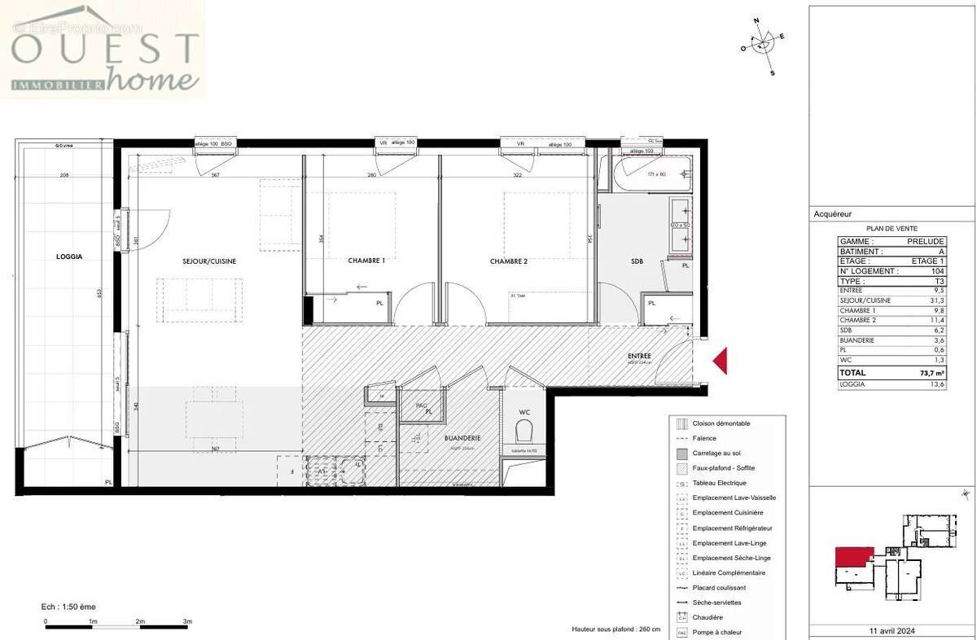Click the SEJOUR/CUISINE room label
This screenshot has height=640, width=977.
(209, 261)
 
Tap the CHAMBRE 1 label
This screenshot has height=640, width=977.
(366, 261)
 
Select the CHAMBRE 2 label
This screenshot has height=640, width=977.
(509, 261)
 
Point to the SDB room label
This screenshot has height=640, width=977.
(637, 261)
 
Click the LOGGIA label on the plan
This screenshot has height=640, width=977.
(69, 256)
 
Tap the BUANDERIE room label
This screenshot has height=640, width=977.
(462, 438)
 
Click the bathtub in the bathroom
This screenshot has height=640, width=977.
(652, 173)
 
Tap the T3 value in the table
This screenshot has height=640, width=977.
(939, 281)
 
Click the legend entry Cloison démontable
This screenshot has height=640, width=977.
(721, 423)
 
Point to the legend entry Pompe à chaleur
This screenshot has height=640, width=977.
(717, 633)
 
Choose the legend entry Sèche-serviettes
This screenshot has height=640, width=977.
(716, 603)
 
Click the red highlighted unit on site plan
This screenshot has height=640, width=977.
(853, 559)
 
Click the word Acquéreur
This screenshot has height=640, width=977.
(833, 214)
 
